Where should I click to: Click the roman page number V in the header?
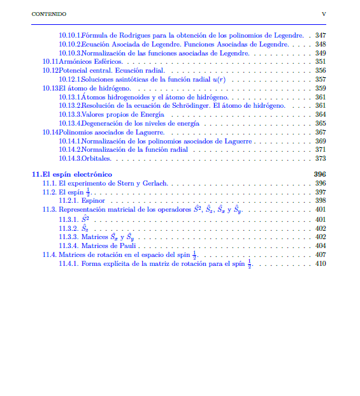[324, 13]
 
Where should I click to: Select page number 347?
[320, 35]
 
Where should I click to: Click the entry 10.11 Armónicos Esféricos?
[92, 62]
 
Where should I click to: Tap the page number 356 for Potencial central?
[320, 71]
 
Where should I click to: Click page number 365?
[320, 124]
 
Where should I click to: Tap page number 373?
[320, 159]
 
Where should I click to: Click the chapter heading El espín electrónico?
[77, 174]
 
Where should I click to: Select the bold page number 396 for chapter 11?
[320, 174]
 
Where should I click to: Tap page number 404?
[320, 246]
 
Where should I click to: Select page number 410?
[320, 264]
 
